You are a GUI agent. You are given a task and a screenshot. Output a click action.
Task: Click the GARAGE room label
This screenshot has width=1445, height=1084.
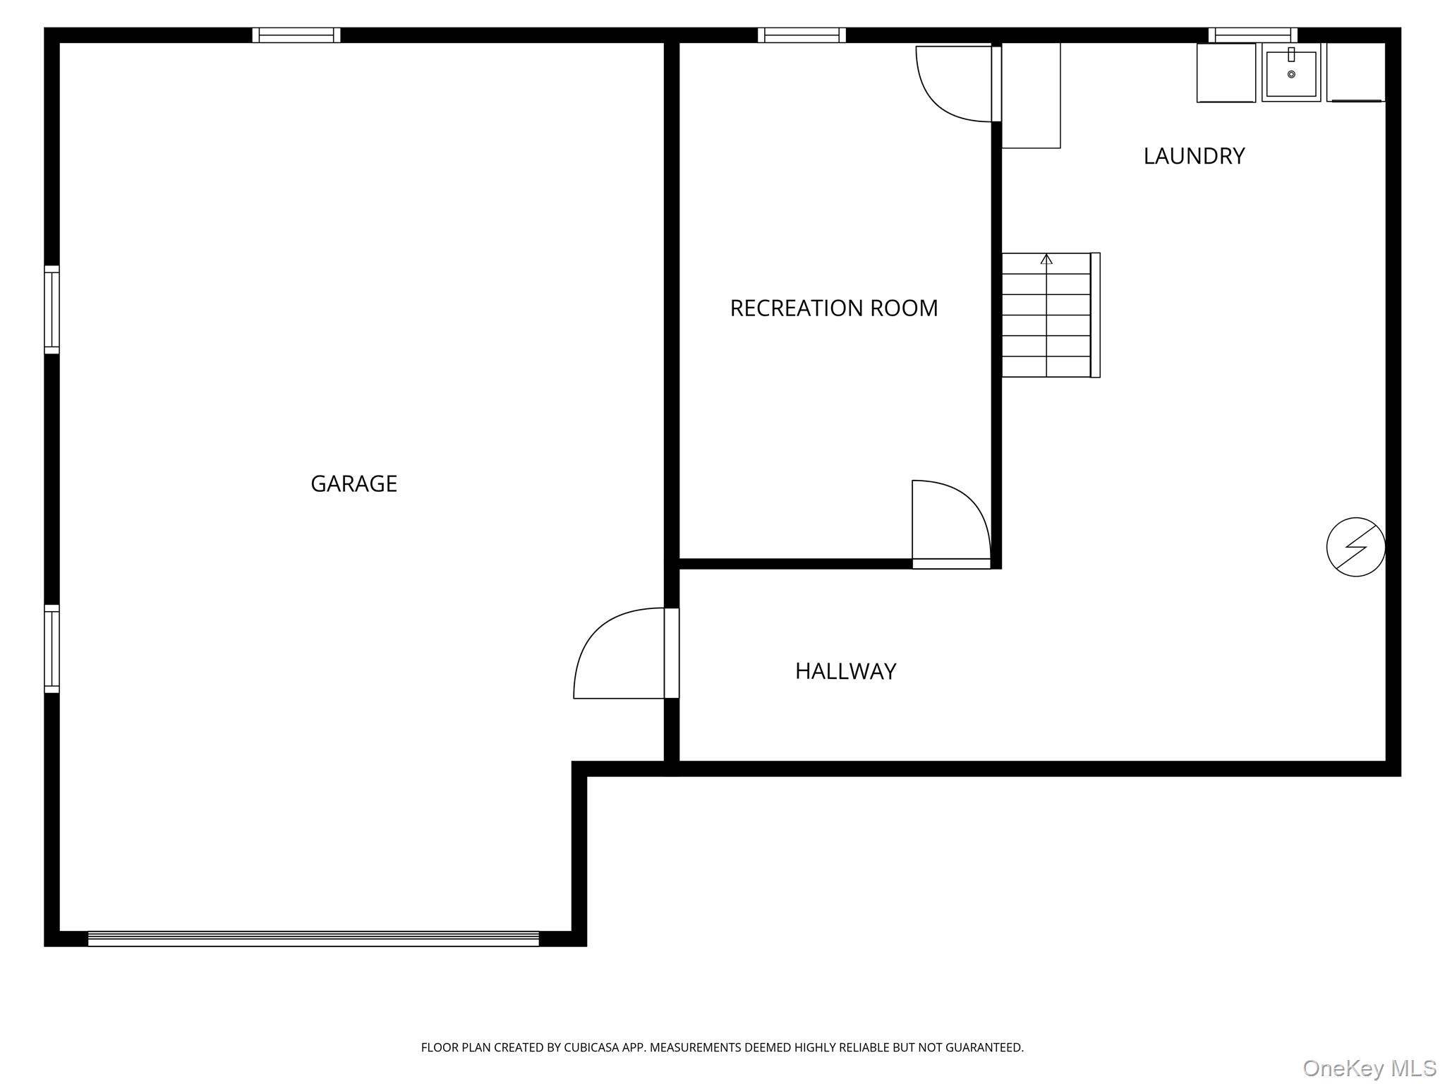click(x=353, y=483)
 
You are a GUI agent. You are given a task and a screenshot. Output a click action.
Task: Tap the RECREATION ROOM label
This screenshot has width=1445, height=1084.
click(x=834, y=308)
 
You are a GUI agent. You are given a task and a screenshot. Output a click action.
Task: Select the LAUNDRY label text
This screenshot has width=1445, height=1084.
click(x=1194, y=156)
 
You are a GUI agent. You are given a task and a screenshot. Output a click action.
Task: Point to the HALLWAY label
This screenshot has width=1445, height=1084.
click(x=845, y=671)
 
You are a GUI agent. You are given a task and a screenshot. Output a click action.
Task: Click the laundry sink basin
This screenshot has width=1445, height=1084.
click(x=1291, y=73)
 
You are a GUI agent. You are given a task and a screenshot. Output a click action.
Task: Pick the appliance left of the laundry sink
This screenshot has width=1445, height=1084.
click(x=1226, y=73)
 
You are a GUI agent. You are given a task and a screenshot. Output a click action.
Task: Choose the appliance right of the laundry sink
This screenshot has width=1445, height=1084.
click(x=1356, y=72)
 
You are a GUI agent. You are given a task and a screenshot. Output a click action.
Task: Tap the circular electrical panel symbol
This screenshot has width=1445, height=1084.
click(x=1355, y=547)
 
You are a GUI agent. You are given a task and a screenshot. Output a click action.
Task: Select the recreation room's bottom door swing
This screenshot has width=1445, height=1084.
click(x=952, y=524)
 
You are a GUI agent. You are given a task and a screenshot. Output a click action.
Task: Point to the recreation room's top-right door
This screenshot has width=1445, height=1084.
click(x=957, y=84)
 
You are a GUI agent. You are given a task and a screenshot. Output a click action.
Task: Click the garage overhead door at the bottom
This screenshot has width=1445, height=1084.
click(x=313, y=939)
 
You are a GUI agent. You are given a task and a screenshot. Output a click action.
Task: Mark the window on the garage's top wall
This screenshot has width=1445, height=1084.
click(x=296, y=35)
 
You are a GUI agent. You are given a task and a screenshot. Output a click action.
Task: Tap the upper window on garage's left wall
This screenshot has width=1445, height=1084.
click(x=52, y=310)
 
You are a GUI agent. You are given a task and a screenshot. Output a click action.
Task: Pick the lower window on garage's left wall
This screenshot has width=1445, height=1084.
click(x=52, y=649)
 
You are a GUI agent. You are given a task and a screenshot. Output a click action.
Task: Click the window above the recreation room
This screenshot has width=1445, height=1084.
click(x=802, y=35)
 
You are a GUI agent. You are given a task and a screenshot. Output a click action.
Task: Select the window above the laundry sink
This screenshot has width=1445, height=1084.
click(x=1253, y=35)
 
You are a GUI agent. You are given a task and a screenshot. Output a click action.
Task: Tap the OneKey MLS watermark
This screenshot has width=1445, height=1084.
click(x=1369, y=1068)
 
